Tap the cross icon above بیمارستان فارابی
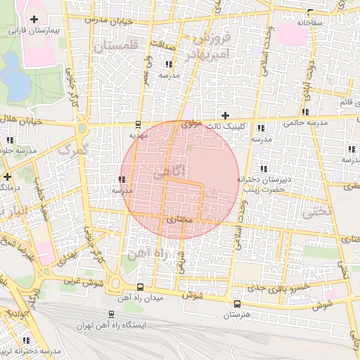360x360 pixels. coord(34,18)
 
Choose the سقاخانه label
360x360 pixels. coord(309,23)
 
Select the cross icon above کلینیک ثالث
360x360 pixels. coord(225,115)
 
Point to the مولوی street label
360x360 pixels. coord(191,124)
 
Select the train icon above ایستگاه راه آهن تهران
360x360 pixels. coord(112,314)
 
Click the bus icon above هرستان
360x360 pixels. coord(237,304)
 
